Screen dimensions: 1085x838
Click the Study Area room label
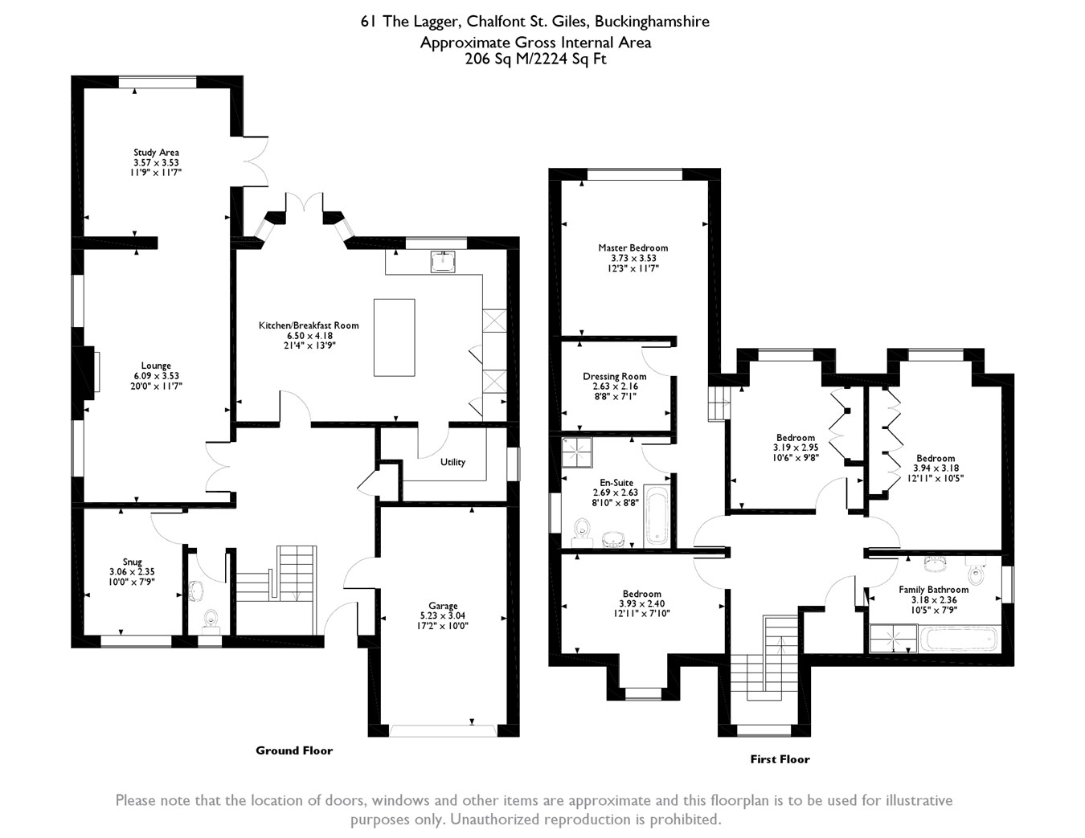156,152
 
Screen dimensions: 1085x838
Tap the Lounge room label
156,366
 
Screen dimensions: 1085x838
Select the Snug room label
132,562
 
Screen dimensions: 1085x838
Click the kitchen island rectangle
394,337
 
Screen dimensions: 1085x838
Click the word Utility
452,462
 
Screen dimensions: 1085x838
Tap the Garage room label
442,606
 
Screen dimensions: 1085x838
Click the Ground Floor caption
294,750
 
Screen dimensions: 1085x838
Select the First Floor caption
780,759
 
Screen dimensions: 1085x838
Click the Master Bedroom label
633,248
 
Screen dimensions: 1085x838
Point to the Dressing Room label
614,376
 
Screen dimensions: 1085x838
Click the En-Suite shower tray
576,452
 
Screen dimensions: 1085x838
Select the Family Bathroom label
933,590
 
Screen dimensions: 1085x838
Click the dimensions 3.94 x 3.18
936,468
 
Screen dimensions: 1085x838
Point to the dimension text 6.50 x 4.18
309,335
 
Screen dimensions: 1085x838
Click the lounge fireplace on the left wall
95,370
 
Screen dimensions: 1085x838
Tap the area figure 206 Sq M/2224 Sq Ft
535,59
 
